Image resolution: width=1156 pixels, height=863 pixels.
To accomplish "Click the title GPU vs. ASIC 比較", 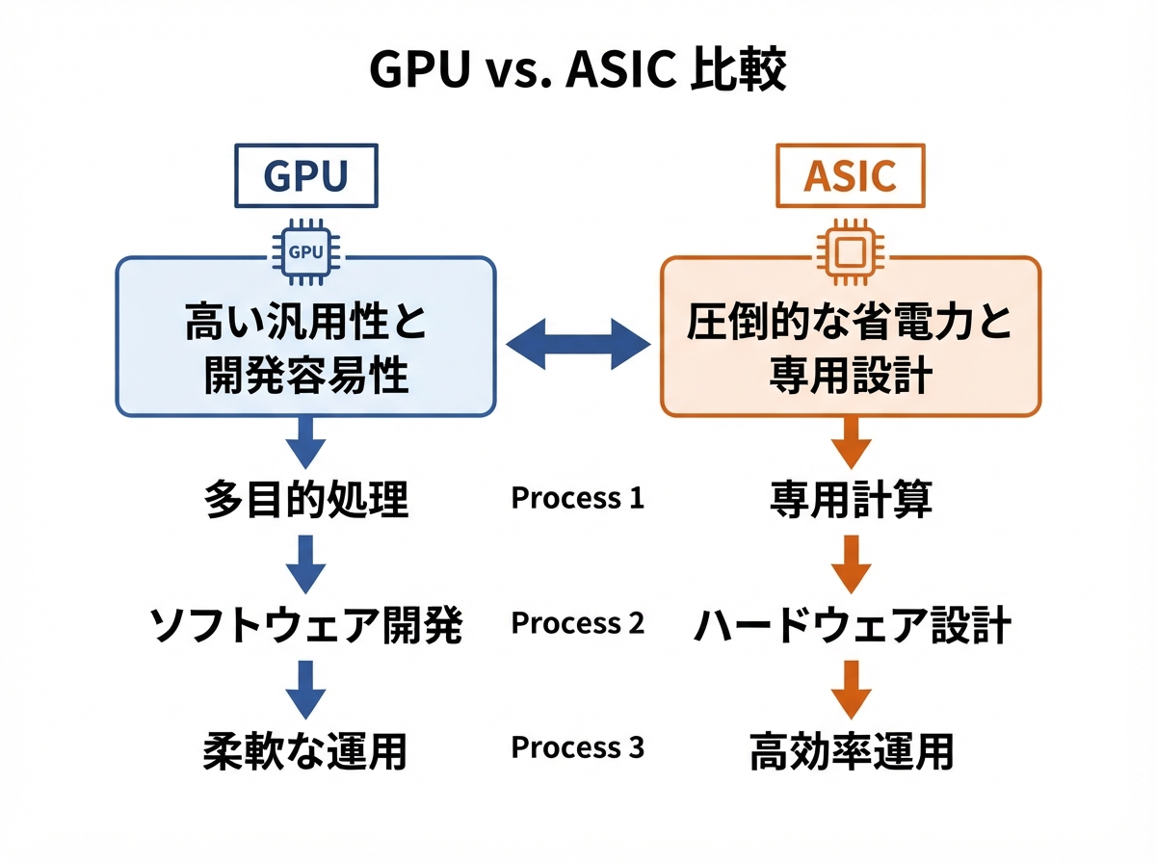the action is click(x=578, y=70).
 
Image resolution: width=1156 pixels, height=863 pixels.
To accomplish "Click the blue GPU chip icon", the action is click(x=306, y=252).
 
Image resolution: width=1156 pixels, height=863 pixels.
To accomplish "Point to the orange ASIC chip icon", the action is click(x=851, y=252).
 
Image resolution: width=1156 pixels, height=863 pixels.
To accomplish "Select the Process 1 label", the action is click(x=578, y=498).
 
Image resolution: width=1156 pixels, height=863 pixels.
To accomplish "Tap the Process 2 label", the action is click(x=578, y=623).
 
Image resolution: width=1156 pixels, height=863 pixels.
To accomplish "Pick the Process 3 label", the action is click(x=578, y=747).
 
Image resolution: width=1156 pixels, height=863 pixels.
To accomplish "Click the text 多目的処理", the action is click(x=306, y=499).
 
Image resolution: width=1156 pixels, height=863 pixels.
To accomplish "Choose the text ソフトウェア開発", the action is click(x=306, y=625).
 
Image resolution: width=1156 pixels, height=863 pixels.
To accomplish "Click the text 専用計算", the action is click(x=851, y=499).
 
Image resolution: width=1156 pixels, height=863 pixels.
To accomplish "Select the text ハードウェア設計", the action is click(x=852, y=625).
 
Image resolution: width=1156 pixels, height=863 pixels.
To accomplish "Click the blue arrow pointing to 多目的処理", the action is click(x=306, y=442).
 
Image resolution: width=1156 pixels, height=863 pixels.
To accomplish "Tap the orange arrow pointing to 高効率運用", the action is click(x=851, y=691).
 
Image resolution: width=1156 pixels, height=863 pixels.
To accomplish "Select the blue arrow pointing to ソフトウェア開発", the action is click(x=306, y=564).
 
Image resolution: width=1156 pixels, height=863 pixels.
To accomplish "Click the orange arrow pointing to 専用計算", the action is click(x=851, y=442).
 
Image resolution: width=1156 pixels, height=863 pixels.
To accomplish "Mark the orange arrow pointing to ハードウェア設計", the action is click(x=851, y=564).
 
